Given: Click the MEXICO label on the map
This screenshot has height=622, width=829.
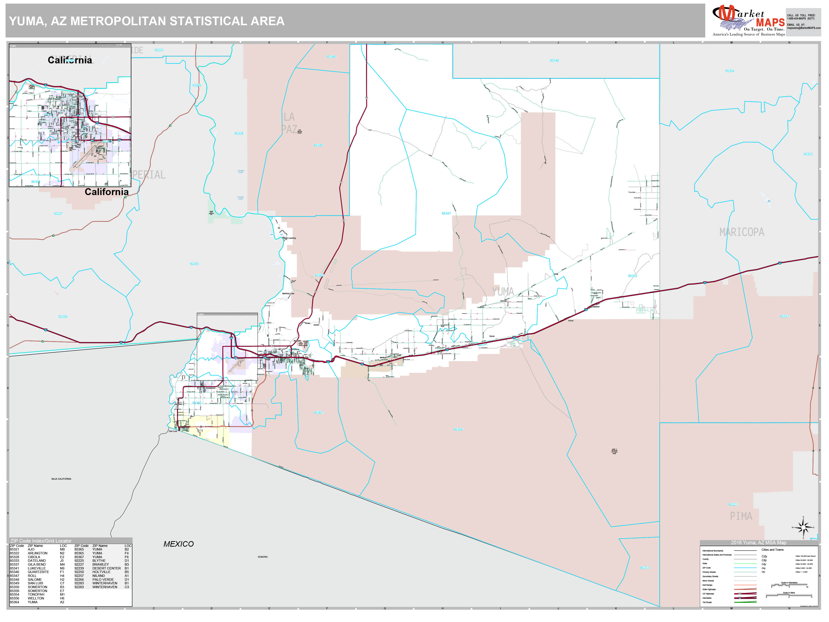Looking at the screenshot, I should coord(178,544).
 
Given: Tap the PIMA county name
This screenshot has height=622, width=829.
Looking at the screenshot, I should coord(741,516).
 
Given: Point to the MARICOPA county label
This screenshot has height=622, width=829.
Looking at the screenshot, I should coord(742,232).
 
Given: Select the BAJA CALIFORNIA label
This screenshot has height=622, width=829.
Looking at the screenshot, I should coord(61,479).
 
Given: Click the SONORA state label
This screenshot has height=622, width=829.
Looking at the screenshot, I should coord(263,557).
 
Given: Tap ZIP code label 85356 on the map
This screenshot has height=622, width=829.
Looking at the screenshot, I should coord(458,429).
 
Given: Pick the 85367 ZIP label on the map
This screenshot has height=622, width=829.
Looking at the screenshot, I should coord(318,413).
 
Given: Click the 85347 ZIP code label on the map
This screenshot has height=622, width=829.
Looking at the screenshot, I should coord(446,213).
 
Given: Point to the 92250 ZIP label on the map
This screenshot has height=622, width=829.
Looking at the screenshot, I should coord(63,317).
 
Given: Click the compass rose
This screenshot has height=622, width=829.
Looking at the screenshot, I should coord(803,528).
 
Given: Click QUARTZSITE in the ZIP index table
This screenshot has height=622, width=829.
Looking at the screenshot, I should coord(38,572).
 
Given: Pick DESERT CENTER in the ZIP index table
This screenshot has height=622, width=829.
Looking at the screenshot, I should coord(107,568).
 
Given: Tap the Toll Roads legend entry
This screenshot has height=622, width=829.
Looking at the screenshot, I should coord(707,602).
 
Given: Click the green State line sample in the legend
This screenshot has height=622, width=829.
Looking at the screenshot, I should coord(745,563).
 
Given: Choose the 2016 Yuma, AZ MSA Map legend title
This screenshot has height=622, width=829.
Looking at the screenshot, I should coord(758,543).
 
